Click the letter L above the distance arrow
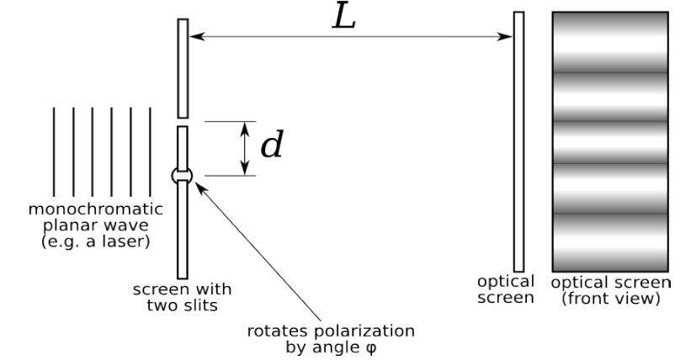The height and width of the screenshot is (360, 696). [x=344, y=18]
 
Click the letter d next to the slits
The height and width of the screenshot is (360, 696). [x=271, y=146]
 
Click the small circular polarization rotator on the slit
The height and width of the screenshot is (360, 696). [x=182, y=175]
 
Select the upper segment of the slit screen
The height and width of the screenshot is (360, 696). [x=183, y=67]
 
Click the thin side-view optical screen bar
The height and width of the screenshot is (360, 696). [x=518, y=140]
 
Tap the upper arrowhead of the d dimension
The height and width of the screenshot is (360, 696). [x=245, y=127]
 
